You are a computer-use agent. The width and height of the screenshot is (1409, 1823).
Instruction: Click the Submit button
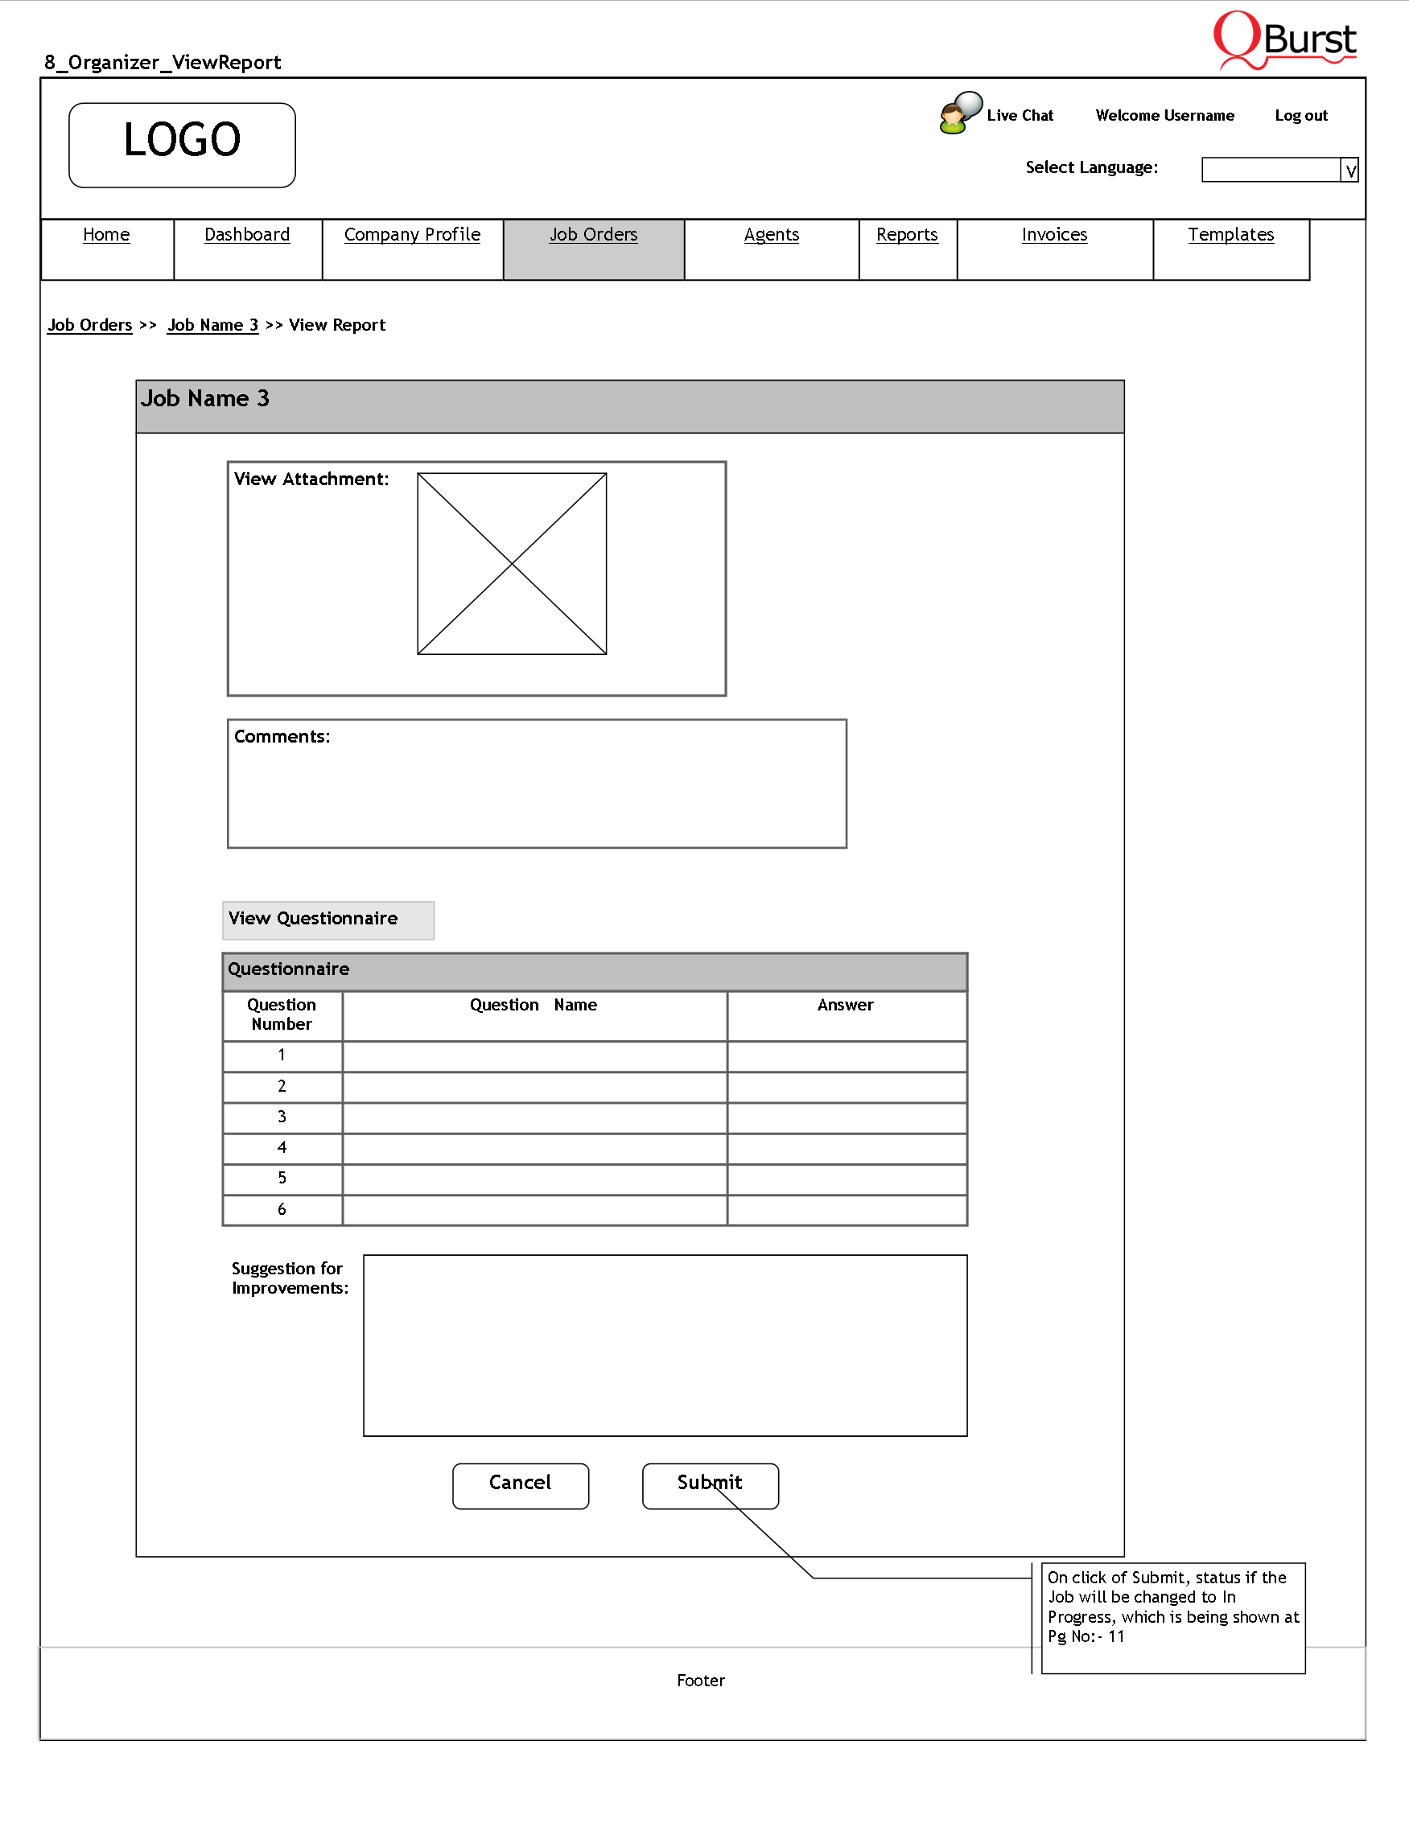coord(710,1486)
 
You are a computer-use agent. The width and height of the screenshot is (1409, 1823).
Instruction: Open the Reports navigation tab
coord(907,236)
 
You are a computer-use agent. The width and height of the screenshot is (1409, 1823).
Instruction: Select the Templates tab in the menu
coord(1230,236)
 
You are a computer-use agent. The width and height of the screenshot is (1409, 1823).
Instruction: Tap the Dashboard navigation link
coord(247,236)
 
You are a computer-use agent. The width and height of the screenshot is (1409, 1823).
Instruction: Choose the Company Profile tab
coord(412,236)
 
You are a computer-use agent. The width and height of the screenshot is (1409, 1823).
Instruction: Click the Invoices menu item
coord(1054,236)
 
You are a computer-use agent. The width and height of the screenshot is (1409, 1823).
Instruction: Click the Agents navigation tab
coord(771,236)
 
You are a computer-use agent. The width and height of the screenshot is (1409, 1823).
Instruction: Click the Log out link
coord(1300,116)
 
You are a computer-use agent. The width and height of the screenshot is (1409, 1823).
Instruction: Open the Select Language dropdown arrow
coord(1349,171)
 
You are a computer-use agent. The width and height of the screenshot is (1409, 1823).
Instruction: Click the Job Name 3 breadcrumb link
coord(213,326)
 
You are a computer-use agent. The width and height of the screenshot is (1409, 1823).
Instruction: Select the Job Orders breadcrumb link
coord(90,326)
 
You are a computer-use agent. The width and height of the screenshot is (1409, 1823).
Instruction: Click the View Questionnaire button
coord(328,920)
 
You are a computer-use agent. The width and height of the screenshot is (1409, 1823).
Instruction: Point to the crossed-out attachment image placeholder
coord(512,564)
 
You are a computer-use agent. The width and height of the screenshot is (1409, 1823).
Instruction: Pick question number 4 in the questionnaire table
coord(282,1148)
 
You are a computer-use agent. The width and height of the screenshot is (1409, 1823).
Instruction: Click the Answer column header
coord(846,1006)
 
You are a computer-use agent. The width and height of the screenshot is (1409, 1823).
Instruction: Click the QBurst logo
coord(1284,40)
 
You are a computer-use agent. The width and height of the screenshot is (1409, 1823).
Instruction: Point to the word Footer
coord(701,1681)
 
